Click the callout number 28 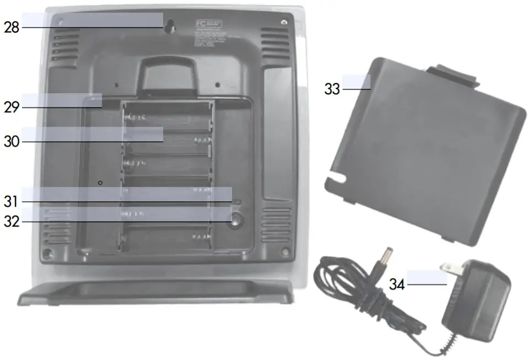[x=12, y=28]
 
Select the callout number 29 [x=12, y=108]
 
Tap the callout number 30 [x=12, y=142]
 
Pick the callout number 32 [x=12, y=222]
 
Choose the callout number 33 [x=332, y=89]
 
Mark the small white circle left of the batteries [x=100, y=181]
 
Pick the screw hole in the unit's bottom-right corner [x=285, y=251]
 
